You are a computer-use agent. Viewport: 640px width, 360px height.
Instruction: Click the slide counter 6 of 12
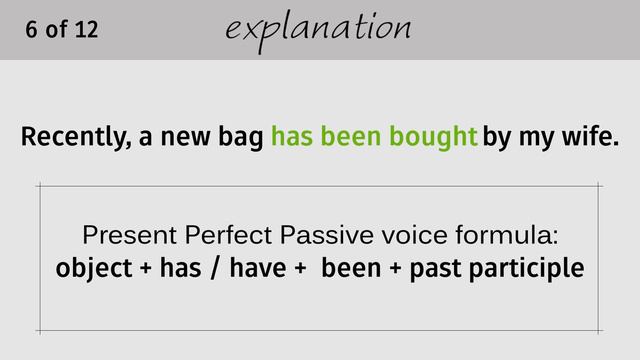point(62,29)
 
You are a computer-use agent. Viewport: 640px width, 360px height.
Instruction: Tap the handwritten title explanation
point(318,29)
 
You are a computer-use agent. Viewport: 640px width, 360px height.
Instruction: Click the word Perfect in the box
point(225,237)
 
